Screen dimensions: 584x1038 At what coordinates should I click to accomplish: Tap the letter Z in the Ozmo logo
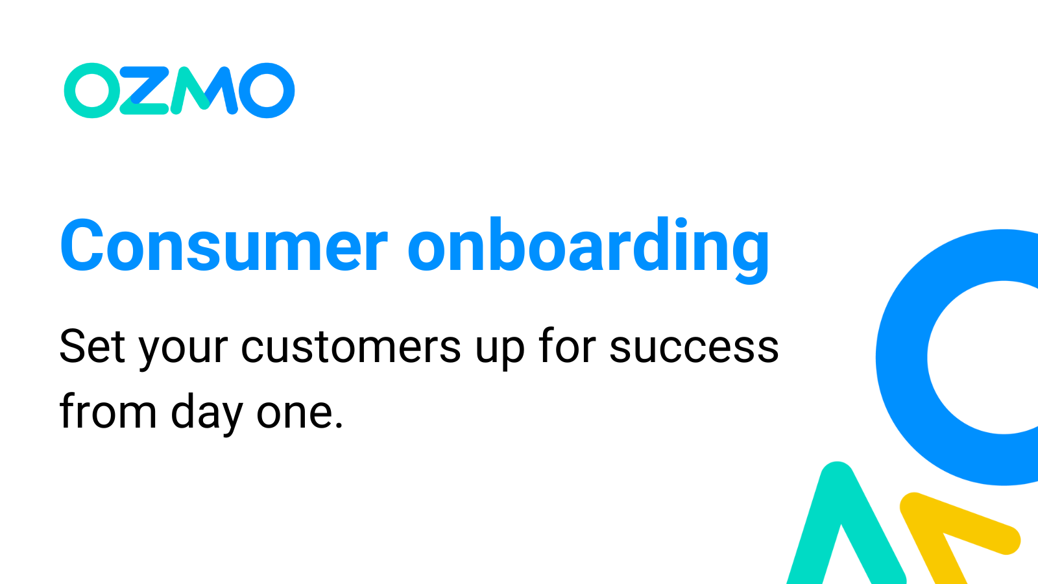(x=145, y=91)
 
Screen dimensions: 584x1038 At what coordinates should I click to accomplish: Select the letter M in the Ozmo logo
(x=202, y=91)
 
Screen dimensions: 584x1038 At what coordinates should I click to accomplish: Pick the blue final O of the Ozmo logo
(x=267, y=90)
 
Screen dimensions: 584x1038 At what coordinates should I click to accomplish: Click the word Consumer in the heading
(x=224, y=247)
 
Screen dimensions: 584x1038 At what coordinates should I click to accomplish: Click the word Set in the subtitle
(x=92, y=347)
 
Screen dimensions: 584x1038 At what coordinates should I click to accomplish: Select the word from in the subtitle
(x=108, y=412)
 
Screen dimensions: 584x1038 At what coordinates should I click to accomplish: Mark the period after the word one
(x=337, y=426)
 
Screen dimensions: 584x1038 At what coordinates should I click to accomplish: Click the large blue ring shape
(x=902, y=357)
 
